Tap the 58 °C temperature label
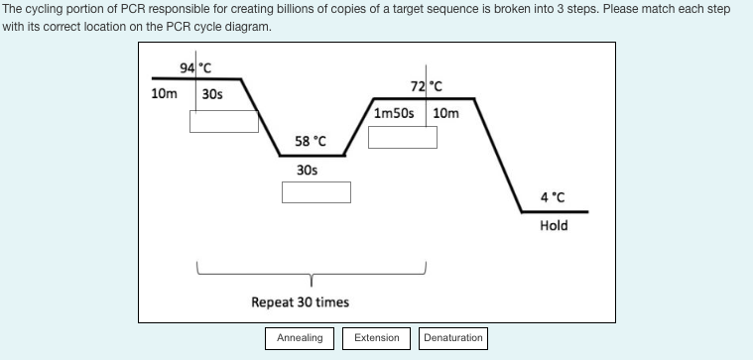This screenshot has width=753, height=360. click(x=311, y=142)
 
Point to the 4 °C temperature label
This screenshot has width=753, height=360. click(x=554, y=196)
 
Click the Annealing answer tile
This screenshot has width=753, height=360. click(x=300, y=338)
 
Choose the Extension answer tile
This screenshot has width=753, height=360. click(x=377, y=338)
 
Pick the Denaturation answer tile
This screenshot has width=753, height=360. click(x=453, y=338)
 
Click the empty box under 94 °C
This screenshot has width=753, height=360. click(x=224, y=121)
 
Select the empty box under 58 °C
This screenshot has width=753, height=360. click(x=315, y=192)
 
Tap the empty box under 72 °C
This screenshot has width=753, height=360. click(x=403, y=137)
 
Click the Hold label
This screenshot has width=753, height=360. click(x=554, y=225)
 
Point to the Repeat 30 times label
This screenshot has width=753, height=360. click(x=300, y=301)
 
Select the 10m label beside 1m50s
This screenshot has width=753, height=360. click(x=446, y=113)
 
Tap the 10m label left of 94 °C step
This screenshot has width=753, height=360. click(x=164, y=95)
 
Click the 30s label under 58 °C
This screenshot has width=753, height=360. click(x=308, y=170)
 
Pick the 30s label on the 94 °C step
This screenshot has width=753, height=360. click(x=211, y=95)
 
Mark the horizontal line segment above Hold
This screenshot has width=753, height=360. click(x=556, y=211)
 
